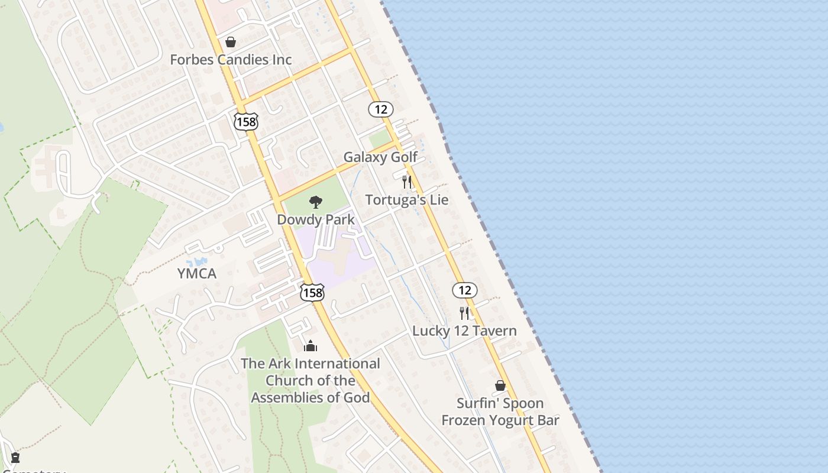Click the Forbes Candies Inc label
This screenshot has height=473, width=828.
click(231, 60)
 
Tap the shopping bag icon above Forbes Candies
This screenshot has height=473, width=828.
click(231, 42)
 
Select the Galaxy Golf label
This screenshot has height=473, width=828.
click(380, 157)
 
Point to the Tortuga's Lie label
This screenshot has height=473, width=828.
click(407, 200)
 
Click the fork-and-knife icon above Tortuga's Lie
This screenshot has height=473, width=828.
click(407, 182)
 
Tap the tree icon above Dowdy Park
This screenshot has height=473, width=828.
click(316, 202)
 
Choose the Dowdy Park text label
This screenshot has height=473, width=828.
click(316, 220)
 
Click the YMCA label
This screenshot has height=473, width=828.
click(197, 274)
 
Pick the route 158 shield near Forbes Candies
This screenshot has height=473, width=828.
click(245, 121)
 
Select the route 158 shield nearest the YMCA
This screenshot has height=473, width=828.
click(312, 292)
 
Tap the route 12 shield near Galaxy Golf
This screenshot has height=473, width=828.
click(381, 109)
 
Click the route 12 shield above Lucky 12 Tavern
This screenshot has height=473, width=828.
click(465, 290)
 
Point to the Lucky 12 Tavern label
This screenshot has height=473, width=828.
click(464, 331)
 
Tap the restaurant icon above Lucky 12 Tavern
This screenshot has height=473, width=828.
click(464, 313)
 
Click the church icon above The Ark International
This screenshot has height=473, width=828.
click(310, 346)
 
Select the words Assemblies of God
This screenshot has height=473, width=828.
click(310, 397)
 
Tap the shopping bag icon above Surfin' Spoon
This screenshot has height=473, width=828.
click(500, 385)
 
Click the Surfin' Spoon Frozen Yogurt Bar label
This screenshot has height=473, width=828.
click(500, 412)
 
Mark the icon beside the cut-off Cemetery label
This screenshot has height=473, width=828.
click(15, 457)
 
